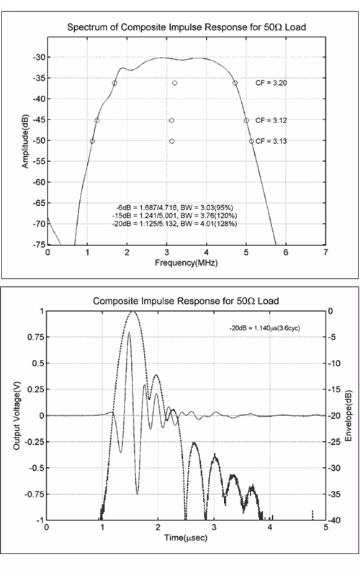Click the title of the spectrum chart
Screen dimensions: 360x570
point(186,27)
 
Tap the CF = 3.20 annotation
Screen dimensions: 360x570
point(271,83)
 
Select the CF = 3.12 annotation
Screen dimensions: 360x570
point(271,120)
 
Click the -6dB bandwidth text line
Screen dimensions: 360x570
point(174,207)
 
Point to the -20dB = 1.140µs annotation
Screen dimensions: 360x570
point(265,328)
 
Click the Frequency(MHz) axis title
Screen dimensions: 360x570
point(186,263)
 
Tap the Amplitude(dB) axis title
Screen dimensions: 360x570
point(24,140)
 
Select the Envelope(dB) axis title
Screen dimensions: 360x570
point(348,416)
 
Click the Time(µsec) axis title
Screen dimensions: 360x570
point(186,538)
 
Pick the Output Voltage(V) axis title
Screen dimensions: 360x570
point(17,415)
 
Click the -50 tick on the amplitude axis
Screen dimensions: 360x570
point(39,141)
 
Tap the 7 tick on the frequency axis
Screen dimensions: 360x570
point(325,253)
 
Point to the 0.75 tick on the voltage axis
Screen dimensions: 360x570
point(35,338)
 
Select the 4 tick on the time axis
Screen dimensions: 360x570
point(270,527)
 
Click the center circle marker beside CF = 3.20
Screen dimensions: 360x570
point(174,83)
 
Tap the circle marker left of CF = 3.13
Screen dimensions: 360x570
point(251,141)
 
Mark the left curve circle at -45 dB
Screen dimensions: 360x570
point(96,120)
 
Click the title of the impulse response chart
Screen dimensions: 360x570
point(186,301)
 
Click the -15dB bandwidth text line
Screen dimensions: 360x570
point(175,216)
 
